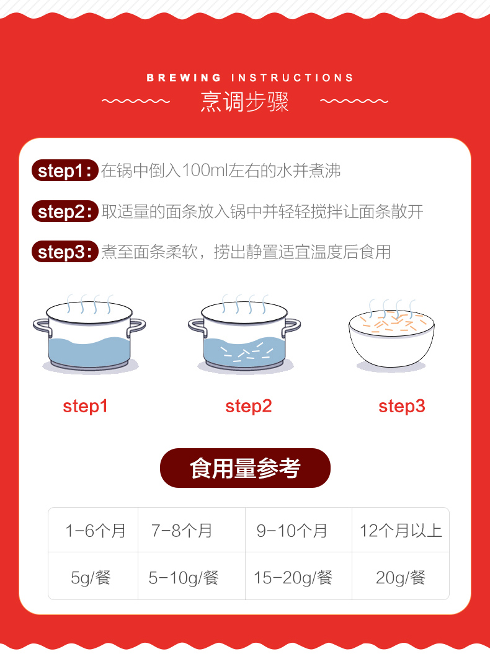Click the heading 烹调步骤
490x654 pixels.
(244, 101)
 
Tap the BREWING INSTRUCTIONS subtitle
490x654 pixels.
(249, 77)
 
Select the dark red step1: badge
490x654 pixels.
(65, 170)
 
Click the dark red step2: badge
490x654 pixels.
(65, 211)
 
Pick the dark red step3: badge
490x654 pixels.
(65, 252)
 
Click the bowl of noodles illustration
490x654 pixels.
(391, 336)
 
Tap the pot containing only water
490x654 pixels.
(89, 334)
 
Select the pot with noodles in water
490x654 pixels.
(244, 334)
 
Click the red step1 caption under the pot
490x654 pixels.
(85, 406)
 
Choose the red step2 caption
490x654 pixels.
(248, 406)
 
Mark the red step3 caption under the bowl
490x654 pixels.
(401, 406)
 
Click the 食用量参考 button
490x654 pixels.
(245, 468)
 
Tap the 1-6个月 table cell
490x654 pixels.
(94, 530)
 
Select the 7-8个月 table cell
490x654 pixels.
(192, 530)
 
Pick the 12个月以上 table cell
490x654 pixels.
(401, 530)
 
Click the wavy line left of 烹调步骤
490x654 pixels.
(136, 101)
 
